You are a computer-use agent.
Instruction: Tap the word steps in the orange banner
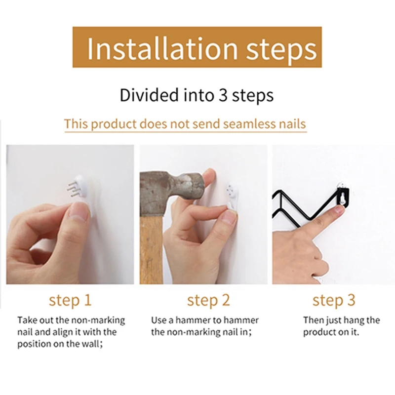click(x=281, y=50)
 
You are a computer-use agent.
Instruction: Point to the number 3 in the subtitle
click(x=223, y=95)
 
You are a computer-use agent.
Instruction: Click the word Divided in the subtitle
click(x=149, y=95)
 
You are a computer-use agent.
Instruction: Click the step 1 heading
click(x=70, y=300)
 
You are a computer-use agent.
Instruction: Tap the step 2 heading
click(x=208, y=300)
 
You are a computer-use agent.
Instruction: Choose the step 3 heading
click(x=334, y=300)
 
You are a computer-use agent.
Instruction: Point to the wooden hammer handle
click(x=151, y=249)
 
